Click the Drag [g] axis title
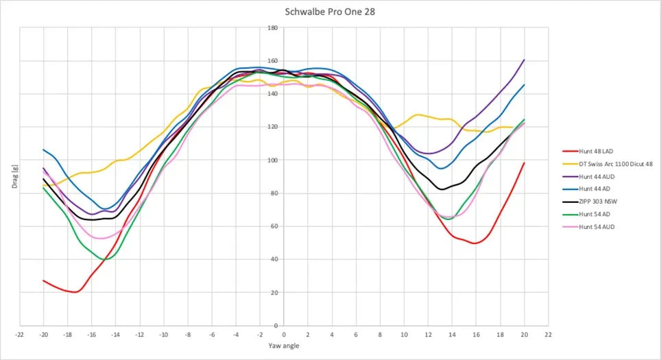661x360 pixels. (x=12, y=177)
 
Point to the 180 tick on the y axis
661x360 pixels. (x=273, y=28)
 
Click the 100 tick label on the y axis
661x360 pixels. (x=273, y=160)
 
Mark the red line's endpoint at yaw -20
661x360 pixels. (x=43, y=280)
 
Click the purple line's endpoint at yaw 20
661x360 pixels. (x=525, y=60)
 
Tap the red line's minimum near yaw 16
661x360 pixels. (x=474, y=243)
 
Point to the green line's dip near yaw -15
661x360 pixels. (x=105, y=259)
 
